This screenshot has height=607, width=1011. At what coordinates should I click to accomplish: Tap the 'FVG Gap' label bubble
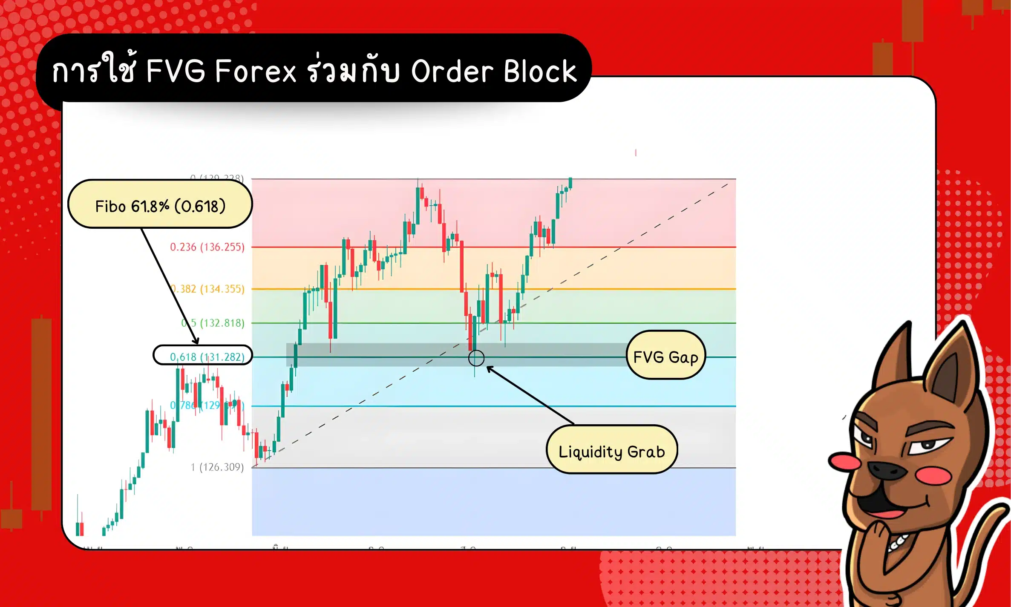[x=665, y=355]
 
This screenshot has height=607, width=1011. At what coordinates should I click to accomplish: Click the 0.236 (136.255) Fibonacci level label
[x=207, y=247]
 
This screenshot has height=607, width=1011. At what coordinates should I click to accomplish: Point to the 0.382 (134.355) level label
[x=209, y=289]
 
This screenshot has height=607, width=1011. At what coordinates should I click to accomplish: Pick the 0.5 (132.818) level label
[x=213, y=323]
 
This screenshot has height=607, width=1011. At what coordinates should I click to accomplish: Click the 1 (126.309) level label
[x=217, y=467]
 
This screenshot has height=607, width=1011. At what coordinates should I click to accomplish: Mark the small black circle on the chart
[x=476, y=358]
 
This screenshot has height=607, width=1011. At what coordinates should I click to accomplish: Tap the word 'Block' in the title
[x=540, y=71]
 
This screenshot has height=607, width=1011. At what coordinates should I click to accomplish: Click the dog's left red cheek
[x=844, y=461]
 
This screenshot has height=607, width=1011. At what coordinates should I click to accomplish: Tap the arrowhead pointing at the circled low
[x=490, y=368]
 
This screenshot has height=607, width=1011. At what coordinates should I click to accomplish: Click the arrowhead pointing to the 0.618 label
[x=196, y=341]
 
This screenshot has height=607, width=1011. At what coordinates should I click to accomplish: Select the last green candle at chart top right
[x=570, y=183]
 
